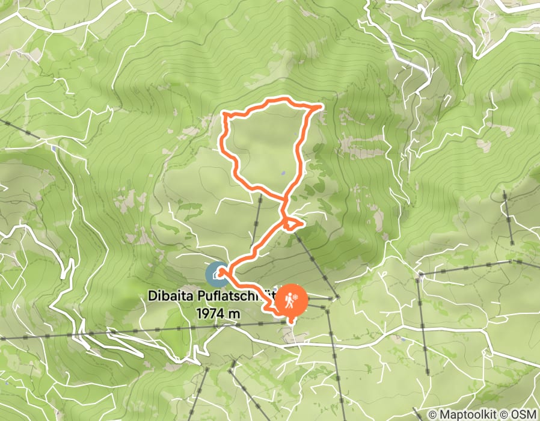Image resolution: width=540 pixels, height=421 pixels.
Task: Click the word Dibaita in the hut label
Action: pos(170,297)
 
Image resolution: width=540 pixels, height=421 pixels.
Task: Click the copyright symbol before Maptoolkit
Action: pos(433,415)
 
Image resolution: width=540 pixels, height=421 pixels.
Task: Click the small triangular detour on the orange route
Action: pos(292,224)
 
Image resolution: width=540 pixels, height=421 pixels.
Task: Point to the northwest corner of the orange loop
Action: pos(225,113)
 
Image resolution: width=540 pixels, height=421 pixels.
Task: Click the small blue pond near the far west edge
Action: pos(55,148)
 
